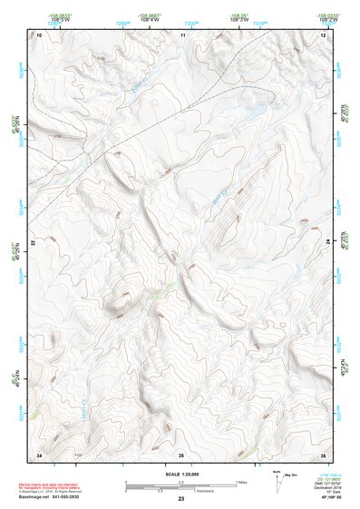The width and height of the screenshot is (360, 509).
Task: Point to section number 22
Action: (34, 243)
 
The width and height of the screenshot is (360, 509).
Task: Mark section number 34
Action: (38, 454)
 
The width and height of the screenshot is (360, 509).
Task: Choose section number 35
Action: (180, 454)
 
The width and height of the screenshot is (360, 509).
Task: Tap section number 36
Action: (323, 454)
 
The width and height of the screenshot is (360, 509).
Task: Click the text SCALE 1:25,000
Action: (180, 474)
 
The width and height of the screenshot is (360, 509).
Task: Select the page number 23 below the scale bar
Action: (180, 499)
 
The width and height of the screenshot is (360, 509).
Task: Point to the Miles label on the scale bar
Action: (241, 481)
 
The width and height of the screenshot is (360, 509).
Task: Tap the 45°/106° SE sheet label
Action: (322, 498)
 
